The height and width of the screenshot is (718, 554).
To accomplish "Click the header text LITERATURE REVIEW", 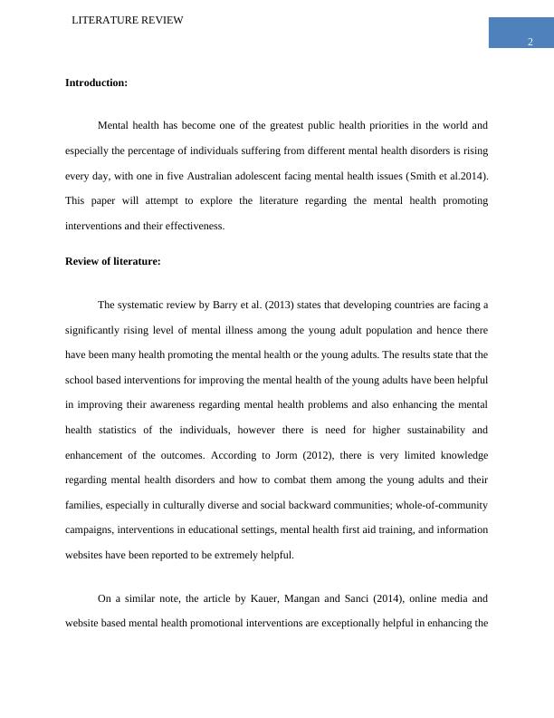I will (x=128, y=20).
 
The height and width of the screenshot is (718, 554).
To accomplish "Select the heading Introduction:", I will (x=96, y=82).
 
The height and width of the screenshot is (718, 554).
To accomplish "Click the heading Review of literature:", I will (x=113, y=261).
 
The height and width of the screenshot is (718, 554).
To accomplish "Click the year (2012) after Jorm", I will (x=291, y=455).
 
